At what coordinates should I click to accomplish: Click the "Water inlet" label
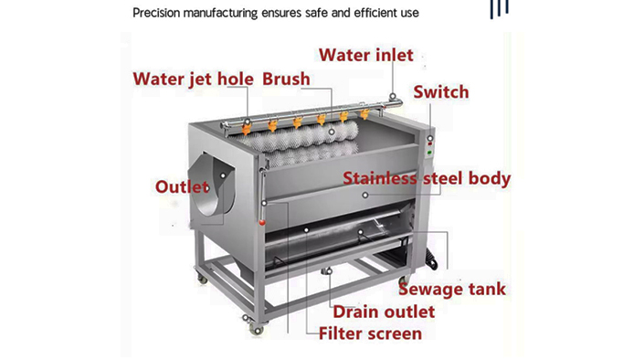[364, 55]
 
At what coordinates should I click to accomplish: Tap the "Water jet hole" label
[195, 78]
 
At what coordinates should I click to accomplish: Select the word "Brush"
[286, 78]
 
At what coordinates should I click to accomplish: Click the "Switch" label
[441, 92]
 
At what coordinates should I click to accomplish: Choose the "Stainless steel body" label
[427, 178]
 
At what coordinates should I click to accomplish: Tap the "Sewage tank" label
[451, 290]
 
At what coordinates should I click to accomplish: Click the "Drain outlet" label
[383, 312]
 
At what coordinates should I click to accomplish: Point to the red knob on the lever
[262, 223]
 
